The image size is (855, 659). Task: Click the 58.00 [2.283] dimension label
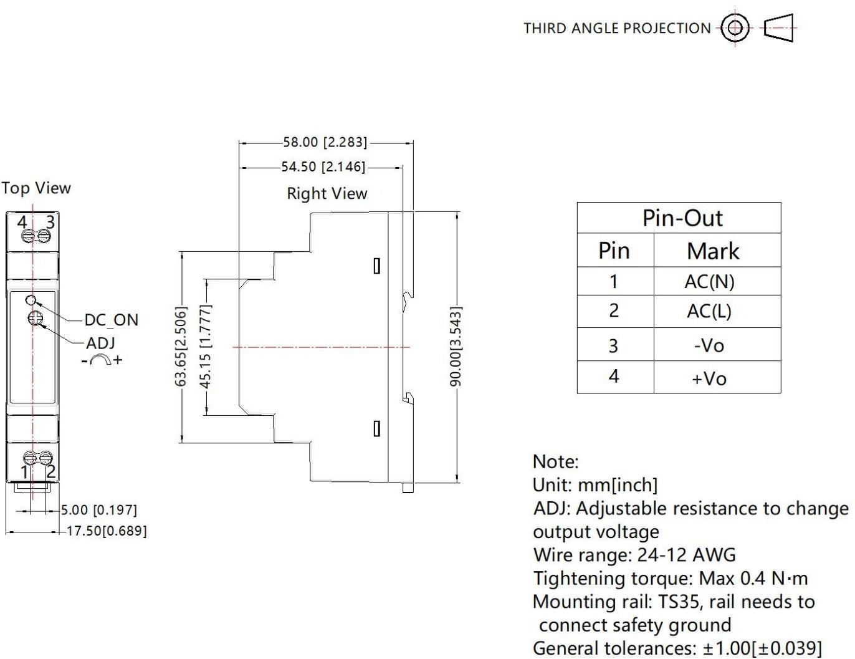(325, 142)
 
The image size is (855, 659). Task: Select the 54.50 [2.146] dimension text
(323, 166)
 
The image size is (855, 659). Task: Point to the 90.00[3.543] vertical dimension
(456, 346)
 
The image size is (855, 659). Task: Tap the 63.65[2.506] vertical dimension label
(181, 346)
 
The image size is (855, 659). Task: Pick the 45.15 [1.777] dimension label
(206, 346)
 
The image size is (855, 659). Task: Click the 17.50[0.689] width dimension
(107, 531)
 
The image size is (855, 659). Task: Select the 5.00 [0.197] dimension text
(99, 510)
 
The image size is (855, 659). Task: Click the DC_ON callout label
(111, 320)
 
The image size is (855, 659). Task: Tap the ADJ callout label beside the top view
(100, 343)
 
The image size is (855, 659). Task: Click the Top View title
(36, 188)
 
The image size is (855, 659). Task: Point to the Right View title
(327, 193)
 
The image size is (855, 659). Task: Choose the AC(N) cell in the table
(709, 282)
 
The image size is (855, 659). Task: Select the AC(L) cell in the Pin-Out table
(709, 310)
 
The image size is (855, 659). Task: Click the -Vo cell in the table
(709, 345)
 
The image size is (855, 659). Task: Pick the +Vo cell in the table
(709, 378)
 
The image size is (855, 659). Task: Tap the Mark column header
(713, 251)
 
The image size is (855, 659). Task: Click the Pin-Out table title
(682, 218)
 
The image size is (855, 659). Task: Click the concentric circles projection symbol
(735, 27)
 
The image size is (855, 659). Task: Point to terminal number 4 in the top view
(22, 222)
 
